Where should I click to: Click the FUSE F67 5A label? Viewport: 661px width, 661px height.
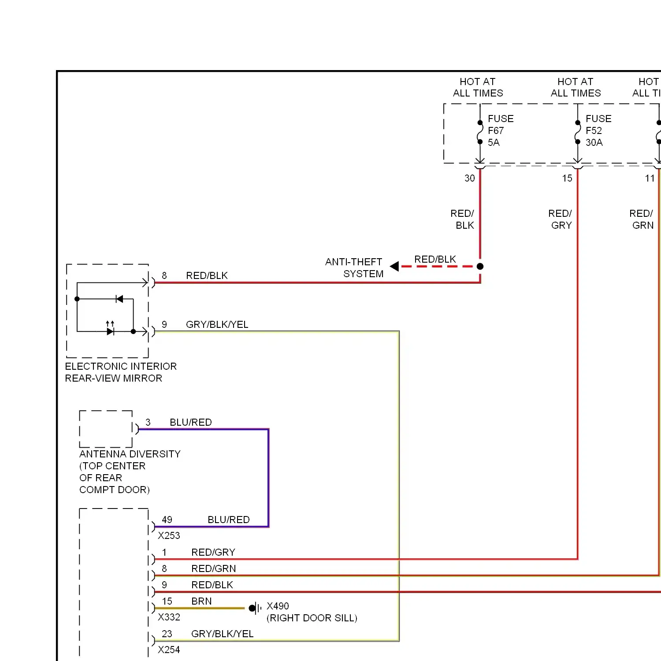(x=501, y=130)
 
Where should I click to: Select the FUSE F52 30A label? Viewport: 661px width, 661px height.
(x=598, y=130)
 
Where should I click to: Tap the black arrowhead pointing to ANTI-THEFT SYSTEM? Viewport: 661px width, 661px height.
(x=394, y=266)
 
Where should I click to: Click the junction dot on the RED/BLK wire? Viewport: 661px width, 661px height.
(x=480, y=266)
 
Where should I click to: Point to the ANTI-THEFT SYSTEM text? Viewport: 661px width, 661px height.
(x=354, y=268)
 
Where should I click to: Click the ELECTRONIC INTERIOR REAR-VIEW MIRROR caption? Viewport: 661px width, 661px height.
(x=121, y=372)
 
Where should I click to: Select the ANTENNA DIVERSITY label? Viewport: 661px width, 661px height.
(x=130, y=454)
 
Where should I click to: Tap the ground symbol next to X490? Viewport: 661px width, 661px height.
(x=255, y=609)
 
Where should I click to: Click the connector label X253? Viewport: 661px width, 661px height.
(x=169, y=535)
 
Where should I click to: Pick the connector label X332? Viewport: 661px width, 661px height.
(x=169, y=617)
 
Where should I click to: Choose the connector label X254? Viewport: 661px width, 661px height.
(x=169, y=650)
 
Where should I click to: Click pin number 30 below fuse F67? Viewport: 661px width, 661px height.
(x=470, y=178)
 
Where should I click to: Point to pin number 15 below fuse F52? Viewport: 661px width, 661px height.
(x=567, y=178)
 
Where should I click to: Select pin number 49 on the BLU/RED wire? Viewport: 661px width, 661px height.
(x=167, y=520)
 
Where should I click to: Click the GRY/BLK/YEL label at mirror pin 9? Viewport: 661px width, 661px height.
(x=217, y=324)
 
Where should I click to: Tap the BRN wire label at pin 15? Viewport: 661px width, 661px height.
(x=201, y=601)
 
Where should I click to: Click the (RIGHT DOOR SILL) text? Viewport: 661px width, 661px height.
(x=312, y=618)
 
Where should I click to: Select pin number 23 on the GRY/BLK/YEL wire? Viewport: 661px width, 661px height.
(x=167, y=634)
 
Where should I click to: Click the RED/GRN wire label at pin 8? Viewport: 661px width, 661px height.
(x=214, y=568)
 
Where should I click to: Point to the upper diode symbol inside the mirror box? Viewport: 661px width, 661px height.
(x=119, y=299)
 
